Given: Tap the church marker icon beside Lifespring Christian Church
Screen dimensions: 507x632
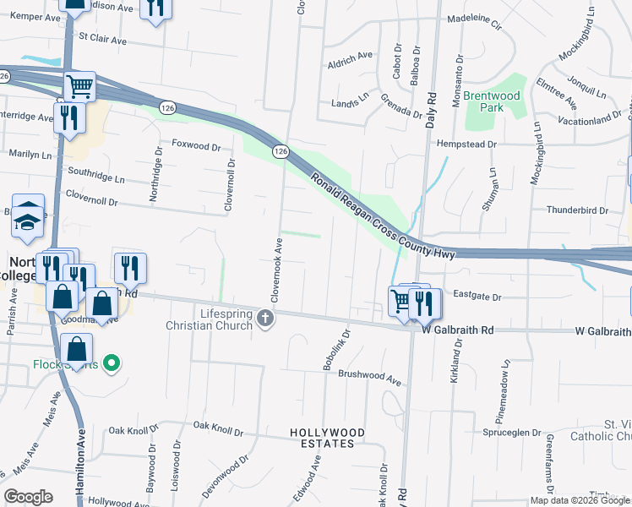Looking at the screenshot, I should click(x=266, y=319).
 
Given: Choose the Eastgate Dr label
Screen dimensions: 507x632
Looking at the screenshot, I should click(x=477, y=297).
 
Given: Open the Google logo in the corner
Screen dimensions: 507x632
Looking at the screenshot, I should click(x=29, y=496).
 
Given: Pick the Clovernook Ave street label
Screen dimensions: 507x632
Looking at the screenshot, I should click(x=275, y=271).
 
